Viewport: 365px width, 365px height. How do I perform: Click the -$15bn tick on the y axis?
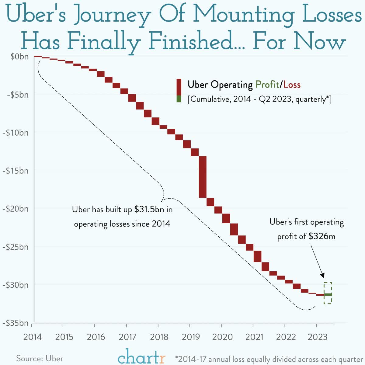[16, 171]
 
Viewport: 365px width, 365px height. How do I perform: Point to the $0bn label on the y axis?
[20, 57]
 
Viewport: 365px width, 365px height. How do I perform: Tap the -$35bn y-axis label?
[16, 323]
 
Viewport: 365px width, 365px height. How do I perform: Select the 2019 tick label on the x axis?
[191, 337]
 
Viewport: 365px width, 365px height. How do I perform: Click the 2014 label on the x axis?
[33, 337]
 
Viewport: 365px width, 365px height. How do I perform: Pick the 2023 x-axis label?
[317, 337]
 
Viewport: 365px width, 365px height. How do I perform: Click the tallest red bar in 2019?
[203, 177]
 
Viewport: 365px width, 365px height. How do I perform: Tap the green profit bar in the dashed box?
[328, 294]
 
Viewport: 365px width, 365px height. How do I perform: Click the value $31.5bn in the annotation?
[149, 210]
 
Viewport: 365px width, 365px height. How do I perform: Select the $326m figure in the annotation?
[322, 236]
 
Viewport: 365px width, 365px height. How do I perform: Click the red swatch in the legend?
[179, 87]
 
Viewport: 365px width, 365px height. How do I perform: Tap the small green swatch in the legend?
[179, 99]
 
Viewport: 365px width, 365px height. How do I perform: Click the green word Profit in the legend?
[267, 84]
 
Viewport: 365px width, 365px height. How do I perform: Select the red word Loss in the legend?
[292, 84]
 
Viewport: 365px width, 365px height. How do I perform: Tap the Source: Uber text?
[40, 358]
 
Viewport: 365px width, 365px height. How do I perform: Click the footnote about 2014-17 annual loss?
[269, 359]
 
